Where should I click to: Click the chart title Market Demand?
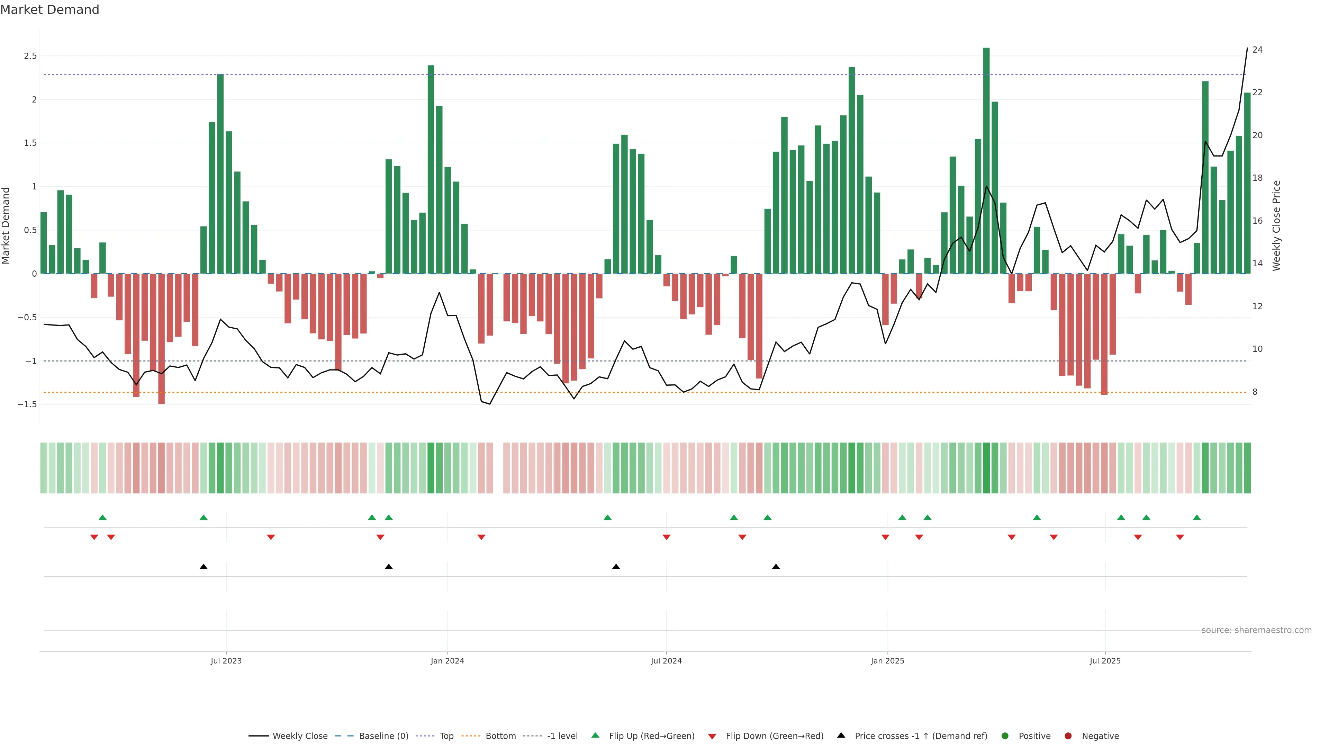(x=49, y=10)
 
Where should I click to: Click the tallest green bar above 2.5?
(x=986, y=160)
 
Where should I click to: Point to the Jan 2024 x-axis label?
(x=447, y=661)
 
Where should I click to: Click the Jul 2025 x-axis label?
(x=1105, y=661)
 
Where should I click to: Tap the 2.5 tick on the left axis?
(x=30, y=56)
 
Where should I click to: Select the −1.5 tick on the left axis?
(x=27, y=404)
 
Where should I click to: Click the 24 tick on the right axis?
(x=1257, y=50)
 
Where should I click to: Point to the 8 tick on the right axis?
(x=1255, y=392)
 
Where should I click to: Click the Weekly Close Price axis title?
(x=1276, y=225)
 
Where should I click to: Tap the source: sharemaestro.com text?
(x=1256, y=630)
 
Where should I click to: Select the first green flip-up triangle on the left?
(x=102, y=517)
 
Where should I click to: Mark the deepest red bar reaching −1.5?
(x=162, y=339)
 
